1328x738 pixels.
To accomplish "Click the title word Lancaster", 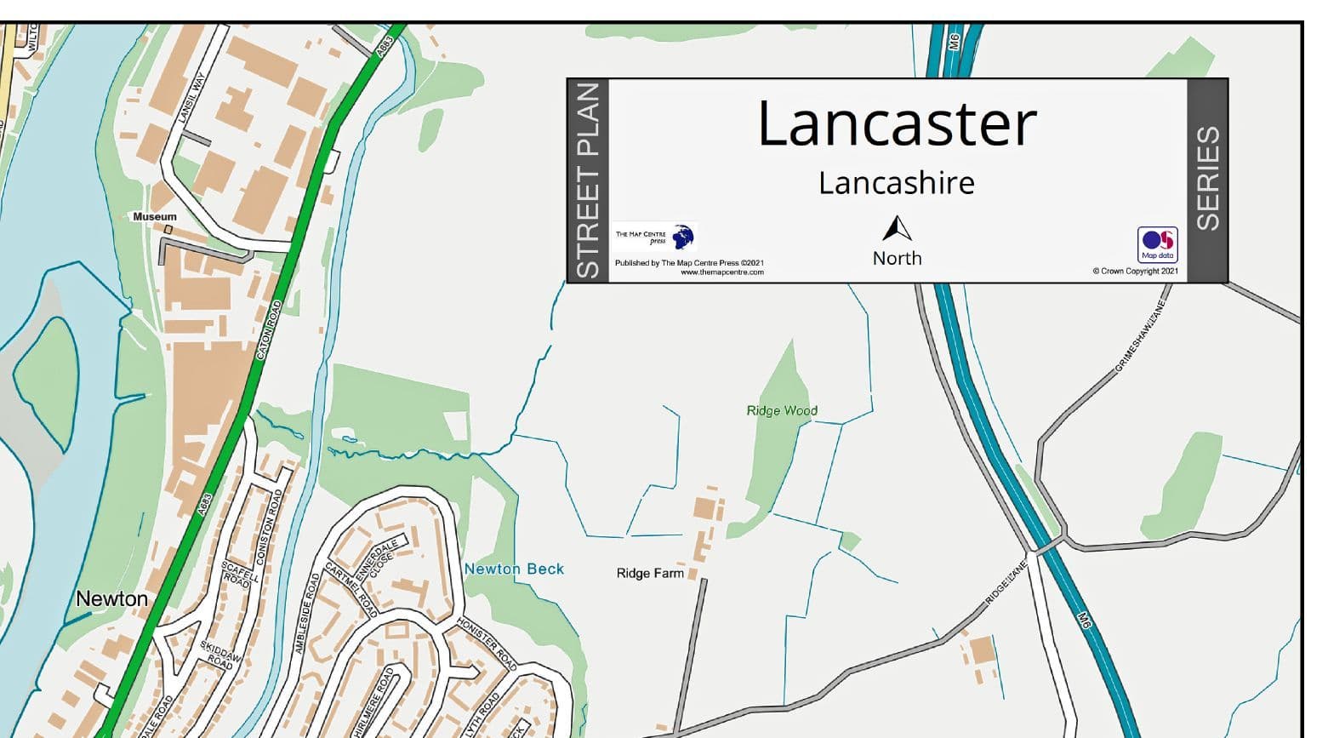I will coord(897,124).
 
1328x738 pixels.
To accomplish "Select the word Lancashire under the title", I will coord(897,183).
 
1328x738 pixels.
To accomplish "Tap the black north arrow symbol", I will coord(897,229).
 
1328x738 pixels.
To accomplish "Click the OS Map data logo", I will coord(1157,244).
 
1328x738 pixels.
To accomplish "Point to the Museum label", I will coord(155,217).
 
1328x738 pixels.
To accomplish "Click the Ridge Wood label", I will coord(782,410).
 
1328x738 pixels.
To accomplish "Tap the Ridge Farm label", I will coord(650,574).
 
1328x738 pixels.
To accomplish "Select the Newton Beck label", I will coord(514,569).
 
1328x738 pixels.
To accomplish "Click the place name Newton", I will coord(112,599).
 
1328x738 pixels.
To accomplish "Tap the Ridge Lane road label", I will coord(1006,581).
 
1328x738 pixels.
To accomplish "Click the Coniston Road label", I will coord(271,515).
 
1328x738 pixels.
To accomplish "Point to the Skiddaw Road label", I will coord(221,653).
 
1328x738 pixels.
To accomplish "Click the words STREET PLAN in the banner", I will coord(589,180).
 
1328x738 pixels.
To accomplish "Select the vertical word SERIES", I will coord(1208,179).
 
